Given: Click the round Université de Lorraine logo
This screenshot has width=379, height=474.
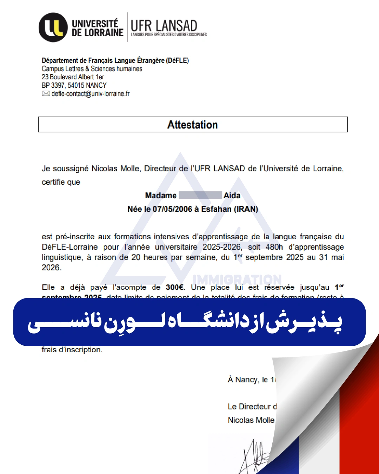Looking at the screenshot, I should click(x=53, y=27).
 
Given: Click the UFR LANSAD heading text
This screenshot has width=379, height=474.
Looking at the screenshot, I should click(x=164, y=26).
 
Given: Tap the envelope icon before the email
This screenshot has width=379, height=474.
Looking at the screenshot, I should click(x=46, y=93).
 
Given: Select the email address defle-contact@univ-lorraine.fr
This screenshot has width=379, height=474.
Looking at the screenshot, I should click(x=91, y=94).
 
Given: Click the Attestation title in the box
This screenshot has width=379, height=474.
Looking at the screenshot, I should click(x=193, y=125).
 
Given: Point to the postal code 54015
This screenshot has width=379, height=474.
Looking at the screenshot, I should click(x=76, y=85).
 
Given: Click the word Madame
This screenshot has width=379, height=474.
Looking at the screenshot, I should click(x=161, y=196).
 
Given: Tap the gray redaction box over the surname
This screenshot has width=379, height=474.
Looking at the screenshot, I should click(x=200, y=195).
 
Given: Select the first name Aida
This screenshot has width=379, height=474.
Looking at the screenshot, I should click(x=232, y=196).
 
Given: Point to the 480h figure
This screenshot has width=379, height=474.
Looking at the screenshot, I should click(x=274, y=247).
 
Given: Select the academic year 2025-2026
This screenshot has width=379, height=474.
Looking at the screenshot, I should click(x=222, y=247).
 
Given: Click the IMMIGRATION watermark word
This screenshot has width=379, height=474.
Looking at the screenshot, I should click(x=237, y=279).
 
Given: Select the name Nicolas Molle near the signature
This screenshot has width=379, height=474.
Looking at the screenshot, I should click(x=251, y=420).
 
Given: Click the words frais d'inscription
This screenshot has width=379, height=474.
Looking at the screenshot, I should click(x=72, y=350).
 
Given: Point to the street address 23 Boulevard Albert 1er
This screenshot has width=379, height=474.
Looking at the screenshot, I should click(x=73, y=77).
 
